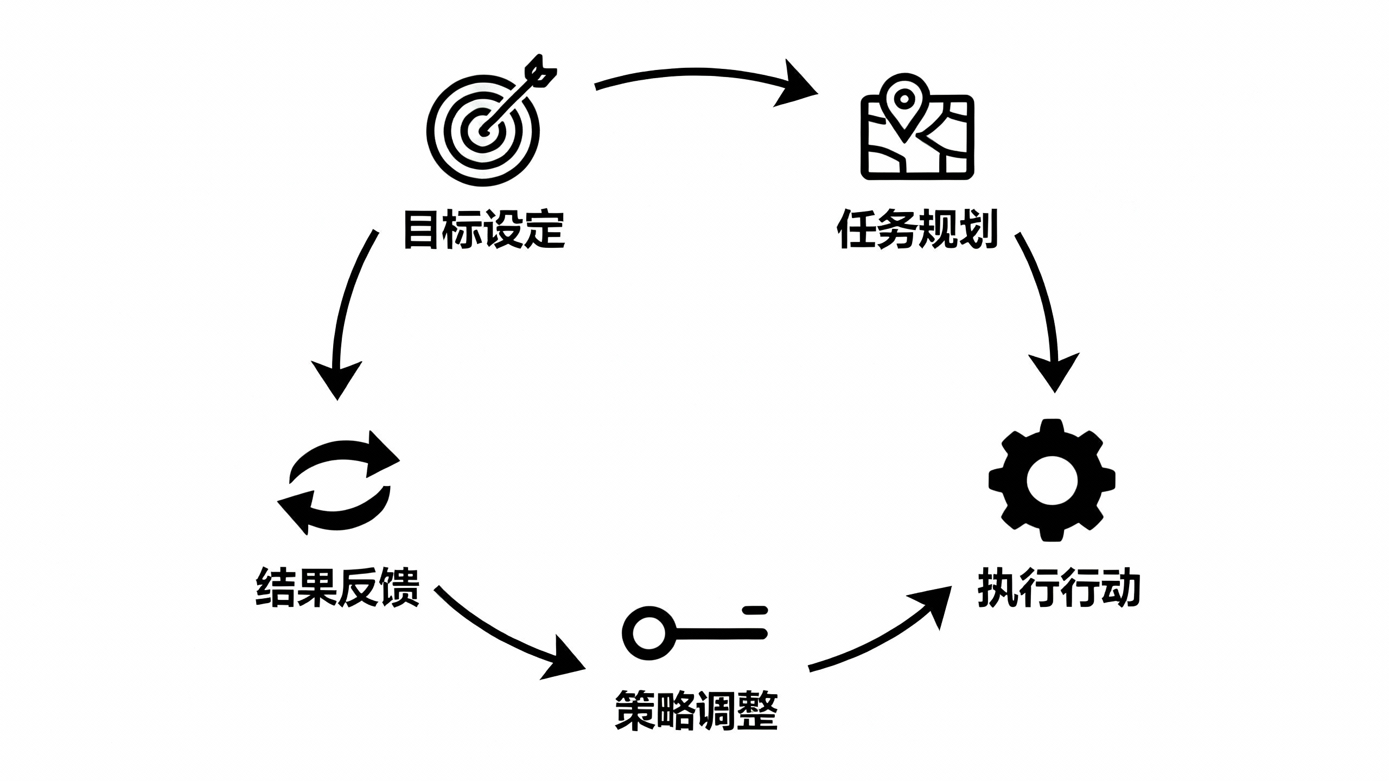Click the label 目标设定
click(484, 229)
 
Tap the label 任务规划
click(917, 229)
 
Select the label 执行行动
click(1058, 587)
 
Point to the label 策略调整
click(697, 710)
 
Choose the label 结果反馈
click(337, 587)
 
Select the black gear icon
click(1052, 481)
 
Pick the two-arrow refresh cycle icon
click(339, 483)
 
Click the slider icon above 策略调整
click(694, 632)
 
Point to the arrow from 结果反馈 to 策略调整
click(505, 640)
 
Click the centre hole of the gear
click(1052, 481)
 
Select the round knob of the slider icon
click(649, 633)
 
